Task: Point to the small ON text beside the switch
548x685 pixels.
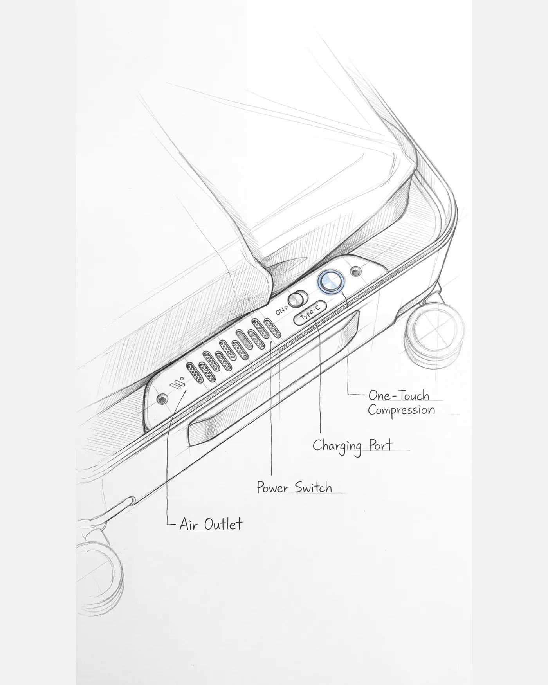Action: coord(281,311)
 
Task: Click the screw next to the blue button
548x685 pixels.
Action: coord(355,271)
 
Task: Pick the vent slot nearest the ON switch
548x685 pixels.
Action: coord(272,328)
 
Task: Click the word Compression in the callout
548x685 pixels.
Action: coord(401,411)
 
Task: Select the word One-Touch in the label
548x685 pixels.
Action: coord(399,395)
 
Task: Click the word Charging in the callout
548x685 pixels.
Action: coord(337,446)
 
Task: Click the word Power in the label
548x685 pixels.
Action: coord(273,488)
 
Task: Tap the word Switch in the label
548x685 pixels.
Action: coord(313,488)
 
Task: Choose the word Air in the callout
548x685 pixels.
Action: coord(186,524)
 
